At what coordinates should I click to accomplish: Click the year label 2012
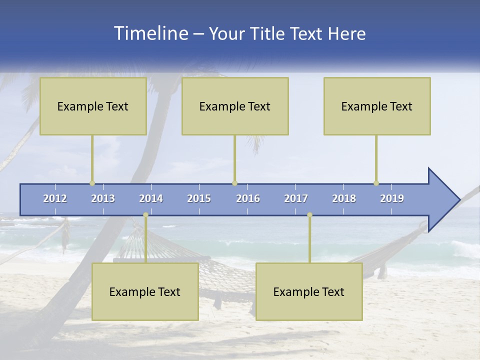click(x=55, y=198)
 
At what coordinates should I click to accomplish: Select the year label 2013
click(x=103, y=198)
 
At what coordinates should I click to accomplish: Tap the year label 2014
click(x=151, y=198)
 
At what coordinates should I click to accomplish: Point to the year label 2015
click(x=199, y=198)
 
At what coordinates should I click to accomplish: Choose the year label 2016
click(x=248, y=198)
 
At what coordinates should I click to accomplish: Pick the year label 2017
click(x=296, y=198)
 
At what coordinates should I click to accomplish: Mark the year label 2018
click(x=344, y=198)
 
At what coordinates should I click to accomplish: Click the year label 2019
click(x=392, y=198)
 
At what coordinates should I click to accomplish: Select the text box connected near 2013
click(x=93, y=106)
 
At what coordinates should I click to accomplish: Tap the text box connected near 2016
click(x=235, y=106)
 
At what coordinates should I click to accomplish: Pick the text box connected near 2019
click(x=377, y=106)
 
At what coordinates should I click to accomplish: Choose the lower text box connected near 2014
click(x=145, y=291)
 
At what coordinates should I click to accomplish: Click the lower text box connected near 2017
click(x=309, y=291)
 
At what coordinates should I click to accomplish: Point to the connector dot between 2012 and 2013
click(x=92, y=183)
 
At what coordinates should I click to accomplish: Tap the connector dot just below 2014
click(x=145, y=215)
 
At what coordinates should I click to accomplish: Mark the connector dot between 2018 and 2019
click(x=376, y=183)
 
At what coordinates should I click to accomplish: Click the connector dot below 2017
click(x=309, y=215)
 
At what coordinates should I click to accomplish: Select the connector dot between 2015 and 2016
click(x=234, y=183)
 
